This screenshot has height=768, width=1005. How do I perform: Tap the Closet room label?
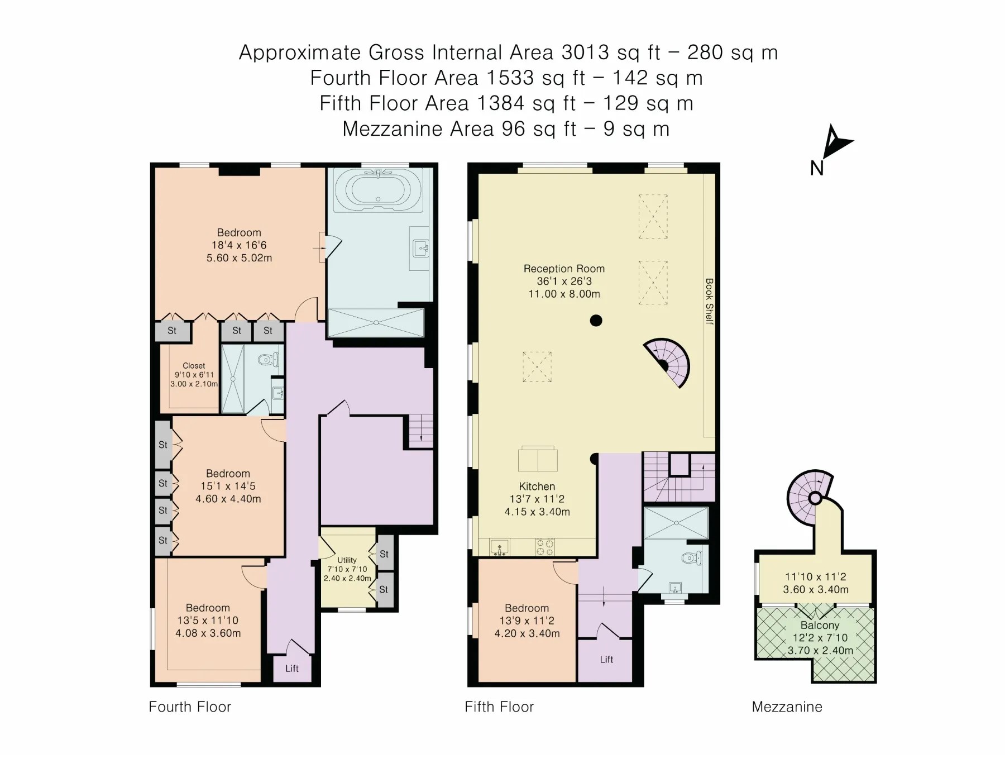point(194,366)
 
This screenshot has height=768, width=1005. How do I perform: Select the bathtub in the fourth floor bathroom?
point(379,190)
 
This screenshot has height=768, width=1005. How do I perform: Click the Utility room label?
point(347,560)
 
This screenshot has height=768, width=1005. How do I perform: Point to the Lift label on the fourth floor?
point(292,669)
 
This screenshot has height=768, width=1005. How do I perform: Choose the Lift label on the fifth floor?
point(606,660)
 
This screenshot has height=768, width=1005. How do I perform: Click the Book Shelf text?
point(709,301)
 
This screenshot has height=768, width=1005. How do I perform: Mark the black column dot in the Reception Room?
point(596,321)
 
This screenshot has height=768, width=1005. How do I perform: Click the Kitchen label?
point(537,486)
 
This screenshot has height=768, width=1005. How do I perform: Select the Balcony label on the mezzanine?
point(820,626)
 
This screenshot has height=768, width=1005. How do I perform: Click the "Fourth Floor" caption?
point(190,707)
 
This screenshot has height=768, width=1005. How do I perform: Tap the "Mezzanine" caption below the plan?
point(787,707)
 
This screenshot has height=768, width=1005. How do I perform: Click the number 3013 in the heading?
point(585,53)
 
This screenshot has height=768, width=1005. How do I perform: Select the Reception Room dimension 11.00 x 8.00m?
point(564,294)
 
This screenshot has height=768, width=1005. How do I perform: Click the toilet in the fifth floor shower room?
point(692,557)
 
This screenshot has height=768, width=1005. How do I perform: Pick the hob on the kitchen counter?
point(545,547)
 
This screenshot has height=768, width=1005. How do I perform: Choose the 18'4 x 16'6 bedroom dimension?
point(239,245)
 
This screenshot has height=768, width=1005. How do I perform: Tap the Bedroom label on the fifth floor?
point(527,608)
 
